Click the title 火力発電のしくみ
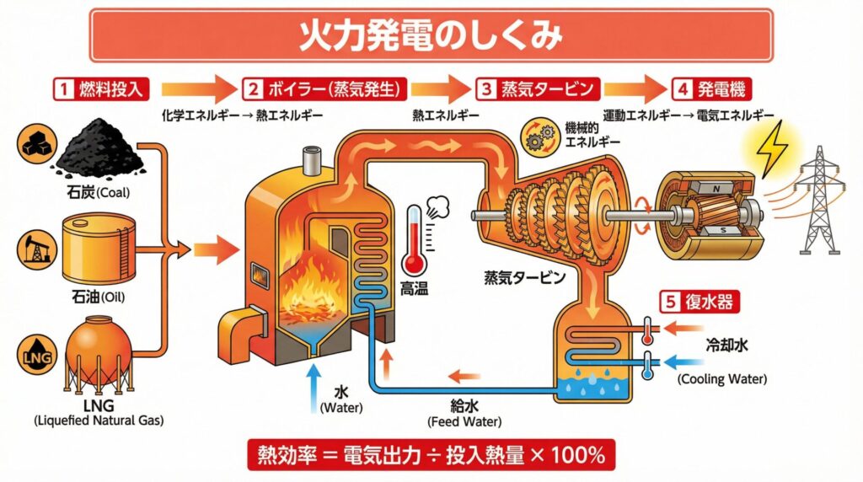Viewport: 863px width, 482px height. tap(431, 35)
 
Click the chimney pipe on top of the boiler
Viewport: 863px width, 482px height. tap(313, 157)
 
